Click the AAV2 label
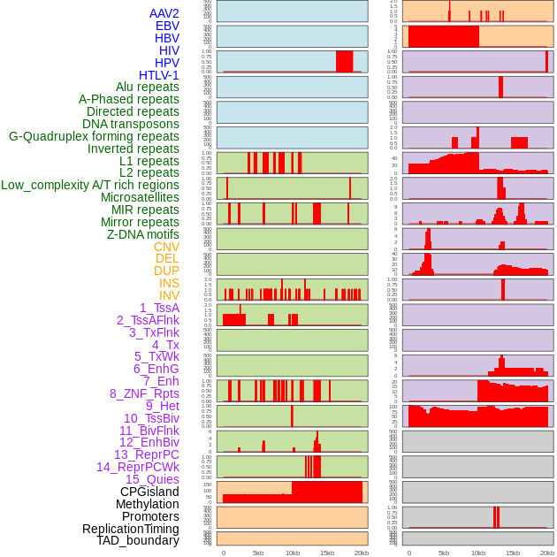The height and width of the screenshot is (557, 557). [164, 13]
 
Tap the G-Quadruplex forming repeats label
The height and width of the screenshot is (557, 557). [94, 136]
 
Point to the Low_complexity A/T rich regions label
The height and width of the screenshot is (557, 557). [90, 185]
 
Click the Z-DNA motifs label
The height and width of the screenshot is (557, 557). [143, 234]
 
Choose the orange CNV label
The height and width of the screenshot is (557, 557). [166, 247]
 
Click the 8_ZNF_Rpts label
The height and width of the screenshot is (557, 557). [144, 393]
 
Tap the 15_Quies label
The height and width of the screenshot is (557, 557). [152, 479]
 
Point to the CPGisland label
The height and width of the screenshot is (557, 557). [149, 492]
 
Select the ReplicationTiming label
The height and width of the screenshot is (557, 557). [131, 529]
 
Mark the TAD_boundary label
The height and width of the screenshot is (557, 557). [138, 540]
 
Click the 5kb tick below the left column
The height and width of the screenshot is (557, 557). [258, 553]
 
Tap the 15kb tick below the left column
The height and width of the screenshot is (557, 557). [327, 553]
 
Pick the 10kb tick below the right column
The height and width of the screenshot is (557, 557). [477, 553]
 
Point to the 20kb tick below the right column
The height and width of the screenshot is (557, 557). [546, 553]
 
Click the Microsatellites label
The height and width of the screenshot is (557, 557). [140, 197]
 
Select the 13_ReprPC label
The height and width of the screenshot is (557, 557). [146, 454]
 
